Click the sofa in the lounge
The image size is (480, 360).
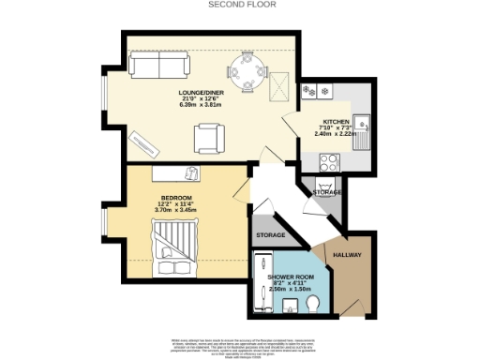tap(158, 66)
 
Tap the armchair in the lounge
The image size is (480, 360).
tap(209, 138)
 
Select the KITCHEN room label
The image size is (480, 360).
tap(336, 122)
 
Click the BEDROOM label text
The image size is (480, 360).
tap(175, 198)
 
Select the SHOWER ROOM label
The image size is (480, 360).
tap(291, 277)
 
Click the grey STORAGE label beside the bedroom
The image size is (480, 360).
tap(271, 234)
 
